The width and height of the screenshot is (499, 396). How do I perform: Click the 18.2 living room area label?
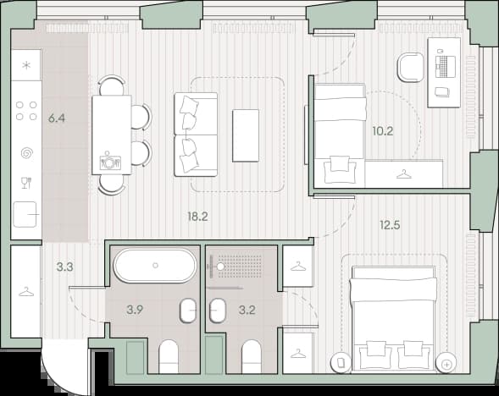(x=197, y=217)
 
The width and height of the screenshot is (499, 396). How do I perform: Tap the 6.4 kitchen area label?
(x=57, y=118)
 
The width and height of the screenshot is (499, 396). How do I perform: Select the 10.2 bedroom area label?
(x=383, y=131)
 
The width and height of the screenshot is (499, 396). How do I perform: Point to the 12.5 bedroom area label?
(x=390, y=225)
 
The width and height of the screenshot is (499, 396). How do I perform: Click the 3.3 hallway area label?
(x=65, y=267)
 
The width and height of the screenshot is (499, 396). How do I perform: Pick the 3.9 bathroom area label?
(x=135, y=310)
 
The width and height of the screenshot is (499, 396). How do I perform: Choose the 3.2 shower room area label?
(x=247, y=310)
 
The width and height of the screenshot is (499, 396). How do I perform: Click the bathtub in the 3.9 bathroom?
(x=155, y=266)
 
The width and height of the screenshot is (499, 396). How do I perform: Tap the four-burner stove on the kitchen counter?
(x=26, y=111)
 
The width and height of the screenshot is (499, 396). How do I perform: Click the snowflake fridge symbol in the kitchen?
(x=26, y=66)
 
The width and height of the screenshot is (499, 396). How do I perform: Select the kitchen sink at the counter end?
(x=25, y=215)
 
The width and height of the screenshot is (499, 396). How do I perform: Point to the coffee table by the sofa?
(x=246, y=135)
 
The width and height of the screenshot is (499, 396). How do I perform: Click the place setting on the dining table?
(x=110, y=162)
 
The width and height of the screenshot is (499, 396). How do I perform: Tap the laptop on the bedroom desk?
(x=445, y=67)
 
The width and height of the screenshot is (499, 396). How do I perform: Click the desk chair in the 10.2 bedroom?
(x=410, y=68)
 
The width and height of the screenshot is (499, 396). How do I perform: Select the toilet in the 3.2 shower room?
(x=252, y=356)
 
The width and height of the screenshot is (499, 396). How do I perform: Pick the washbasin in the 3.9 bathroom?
(x=188, y=311)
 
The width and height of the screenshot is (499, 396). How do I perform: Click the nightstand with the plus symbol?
(x=446, y=363)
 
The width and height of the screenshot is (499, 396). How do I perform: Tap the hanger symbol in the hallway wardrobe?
(x=26, y=292)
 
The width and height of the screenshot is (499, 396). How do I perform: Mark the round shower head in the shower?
(x=220, y=267)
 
